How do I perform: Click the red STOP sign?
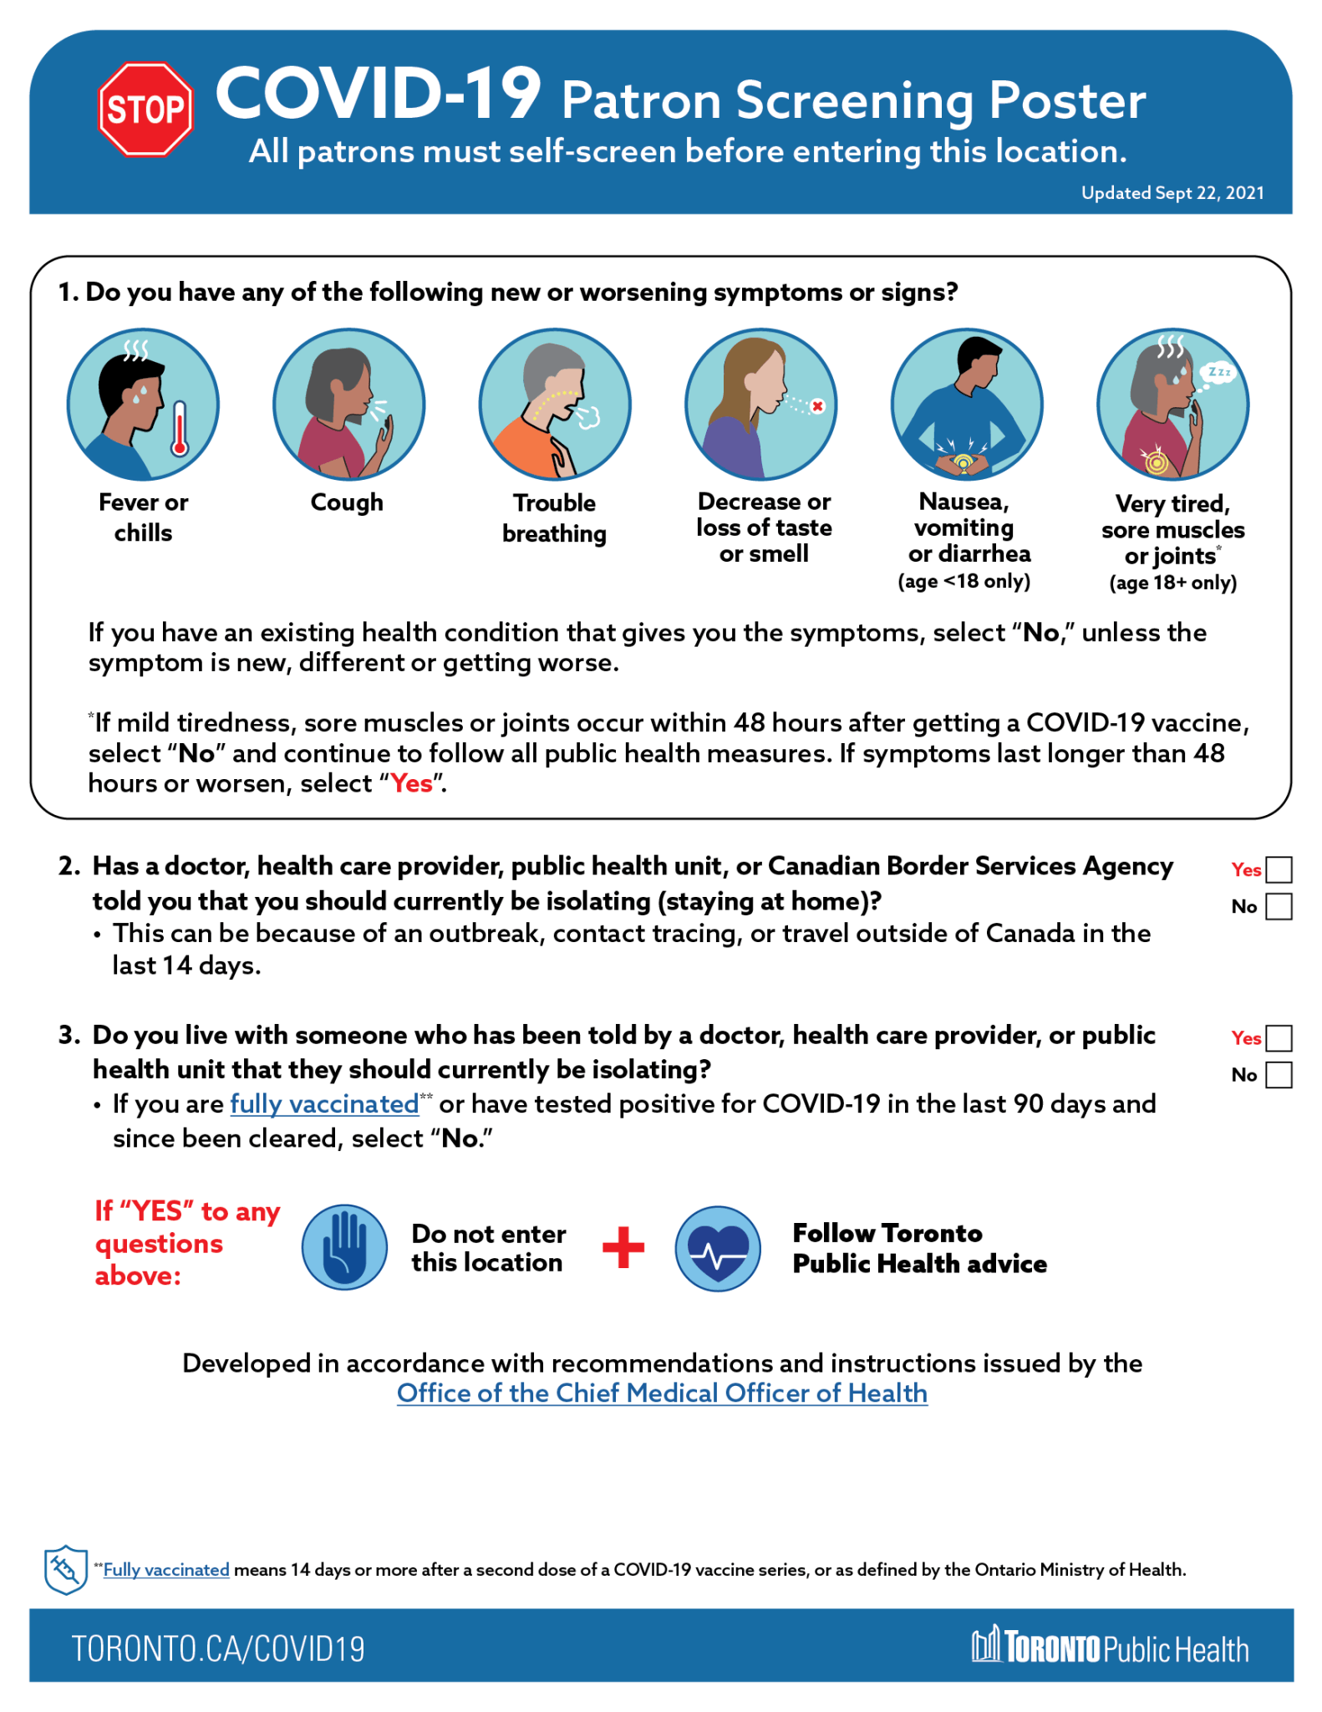(146, 110)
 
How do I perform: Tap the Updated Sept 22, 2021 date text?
(1172, 193)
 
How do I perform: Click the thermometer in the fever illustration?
(180, 428)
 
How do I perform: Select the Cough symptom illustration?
(348, 405)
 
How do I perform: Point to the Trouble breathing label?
(554, 518)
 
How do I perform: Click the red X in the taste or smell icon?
(817, 406)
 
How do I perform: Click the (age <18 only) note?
(964, 581)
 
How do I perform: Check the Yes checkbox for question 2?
(1279, 870)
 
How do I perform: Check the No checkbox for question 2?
(1279, 907)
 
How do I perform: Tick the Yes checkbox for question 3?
(1279, 1038)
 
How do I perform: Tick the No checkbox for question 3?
(1279, 1075)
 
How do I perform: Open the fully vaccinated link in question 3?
(324, 1104)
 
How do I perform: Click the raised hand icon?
(344, 1247)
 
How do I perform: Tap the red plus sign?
(623, 1247)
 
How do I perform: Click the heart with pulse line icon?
(718, 1249)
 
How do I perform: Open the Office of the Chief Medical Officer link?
(662, 1394)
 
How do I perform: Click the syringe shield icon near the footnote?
(65, 1570)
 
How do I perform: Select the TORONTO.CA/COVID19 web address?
(218, 1648)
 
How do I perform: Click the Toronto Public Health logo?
(1110, 1647)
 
